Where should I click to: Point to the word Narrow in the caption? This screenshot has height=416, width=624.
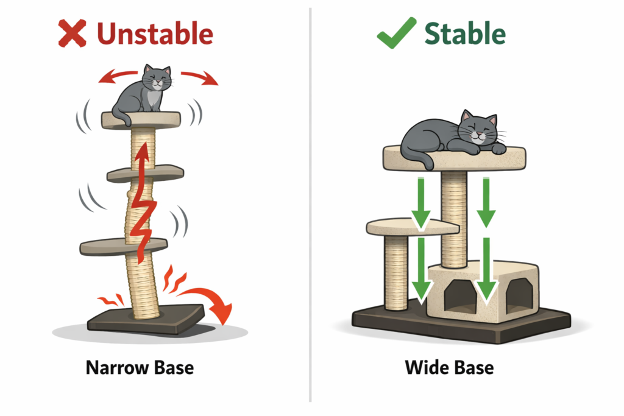pyautogui.click(x=112, y=368)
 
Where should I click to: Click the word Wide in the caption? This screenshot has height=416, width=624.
pyautogui.click(x=425, y=368)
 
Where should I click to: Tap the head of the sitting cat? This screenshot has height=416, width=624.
pyautogui.click(x=155, y=78)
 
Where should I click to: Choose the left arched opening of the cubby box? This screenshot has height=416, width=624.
pyautogui.click(x=456, y=297)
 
